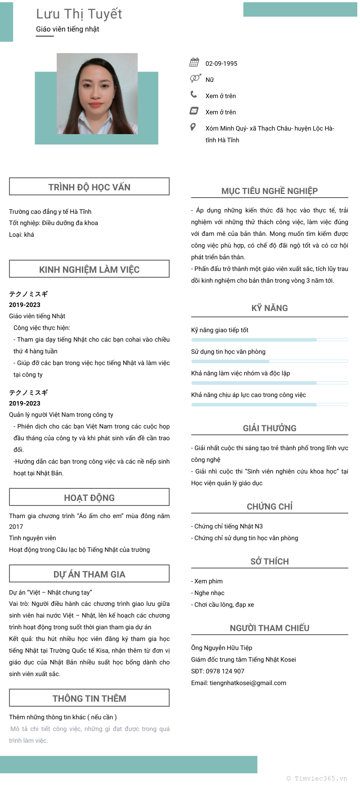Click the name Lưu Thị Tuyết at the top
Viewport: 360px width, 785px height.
(79, 14)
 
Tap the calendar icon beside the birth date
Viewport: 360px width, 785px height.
(194, 63)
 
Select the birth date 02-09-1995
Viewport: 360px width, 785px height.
(221, 63)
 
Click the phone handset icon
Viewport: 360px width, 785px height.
(194, 95)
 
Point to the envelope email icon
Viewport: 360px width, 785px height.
(194, 111)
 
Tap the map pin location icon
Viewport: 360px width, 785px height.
(193, 127)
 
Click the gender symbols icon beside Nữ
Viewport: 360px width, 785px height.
(195, 78)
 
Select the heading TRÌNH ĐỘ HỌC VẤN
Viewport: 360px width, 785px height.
(89, 187)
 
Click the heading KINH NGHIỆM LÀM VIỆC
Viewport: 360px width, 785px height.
(89, 269)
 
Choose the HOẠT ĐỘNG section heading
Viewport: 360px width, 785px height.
(89, 497)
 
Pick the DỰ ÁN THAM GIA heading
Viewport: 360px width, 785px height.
(89, 574)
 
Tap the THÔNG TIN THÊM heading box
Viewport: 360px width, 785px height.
(89, 698)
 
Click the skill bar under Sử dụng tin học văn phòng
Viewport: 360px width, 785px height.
(270, 361)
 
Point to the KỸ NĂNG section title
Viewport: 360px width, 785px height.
(270, 308)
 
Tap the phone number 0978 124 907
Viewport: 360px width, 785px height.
(225, 671)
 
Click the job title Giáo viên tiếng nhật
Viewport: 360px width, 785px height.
(67, 29)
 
